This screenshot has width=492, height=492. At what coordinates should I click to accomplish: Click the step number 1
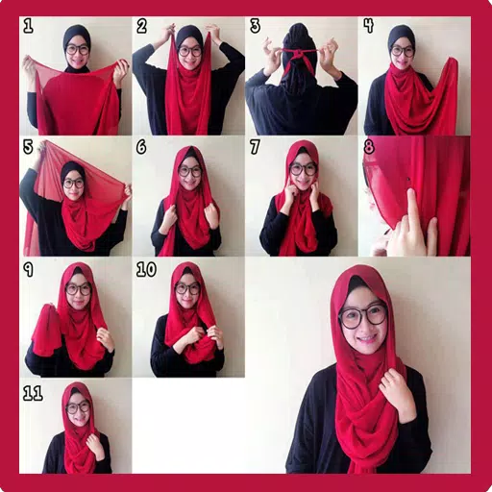(28, 26)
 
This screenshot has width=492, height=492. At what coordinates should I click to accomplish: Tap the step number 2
(141, 26)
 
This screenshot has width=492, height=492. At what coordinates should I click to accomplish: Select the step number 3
(255, 26)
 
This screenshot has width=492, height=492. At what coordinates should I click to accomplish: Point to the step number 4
(368, 26)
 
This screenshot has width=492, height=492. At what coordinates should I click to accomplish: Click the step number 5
(28, 148)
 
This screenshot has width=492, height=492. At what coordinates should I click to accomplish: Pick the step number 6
(141, 148)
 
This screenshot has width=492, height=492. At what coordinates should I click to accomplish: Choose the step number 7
(255, 148)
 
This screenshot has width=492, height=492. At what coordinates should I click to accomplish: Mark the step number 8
(368, 148)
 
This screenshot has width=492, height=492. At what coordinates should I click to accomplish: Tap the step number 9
(29, 270)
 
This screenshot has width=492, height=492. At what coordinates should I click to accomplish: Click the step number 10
(145, 270)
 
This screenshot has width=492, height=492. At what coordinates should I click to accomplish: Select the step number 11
(33, 392)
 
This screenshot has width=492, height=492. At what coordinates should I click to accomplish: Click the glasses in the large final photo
(362, 314)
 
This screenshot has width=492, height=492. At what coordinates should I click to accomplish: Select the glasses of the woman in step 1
(78, 49)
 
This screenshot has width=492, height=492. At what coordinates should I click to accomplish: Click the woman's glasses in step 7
(303, 169)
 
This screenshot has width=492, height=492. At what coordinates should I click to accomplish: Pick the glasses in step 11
(78, 407)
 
